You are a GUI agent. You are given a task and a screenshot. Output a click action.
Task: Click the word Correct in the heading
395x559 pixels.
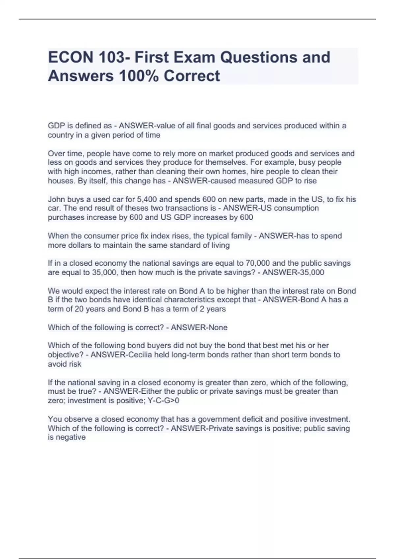pos(192,76)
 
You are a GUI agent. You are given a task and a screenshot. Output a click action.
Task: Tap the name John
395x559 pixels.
pos(57,199)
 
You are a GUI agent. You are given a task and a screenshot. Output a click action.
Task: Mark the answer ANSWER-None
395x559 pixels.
pos(199,328)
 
